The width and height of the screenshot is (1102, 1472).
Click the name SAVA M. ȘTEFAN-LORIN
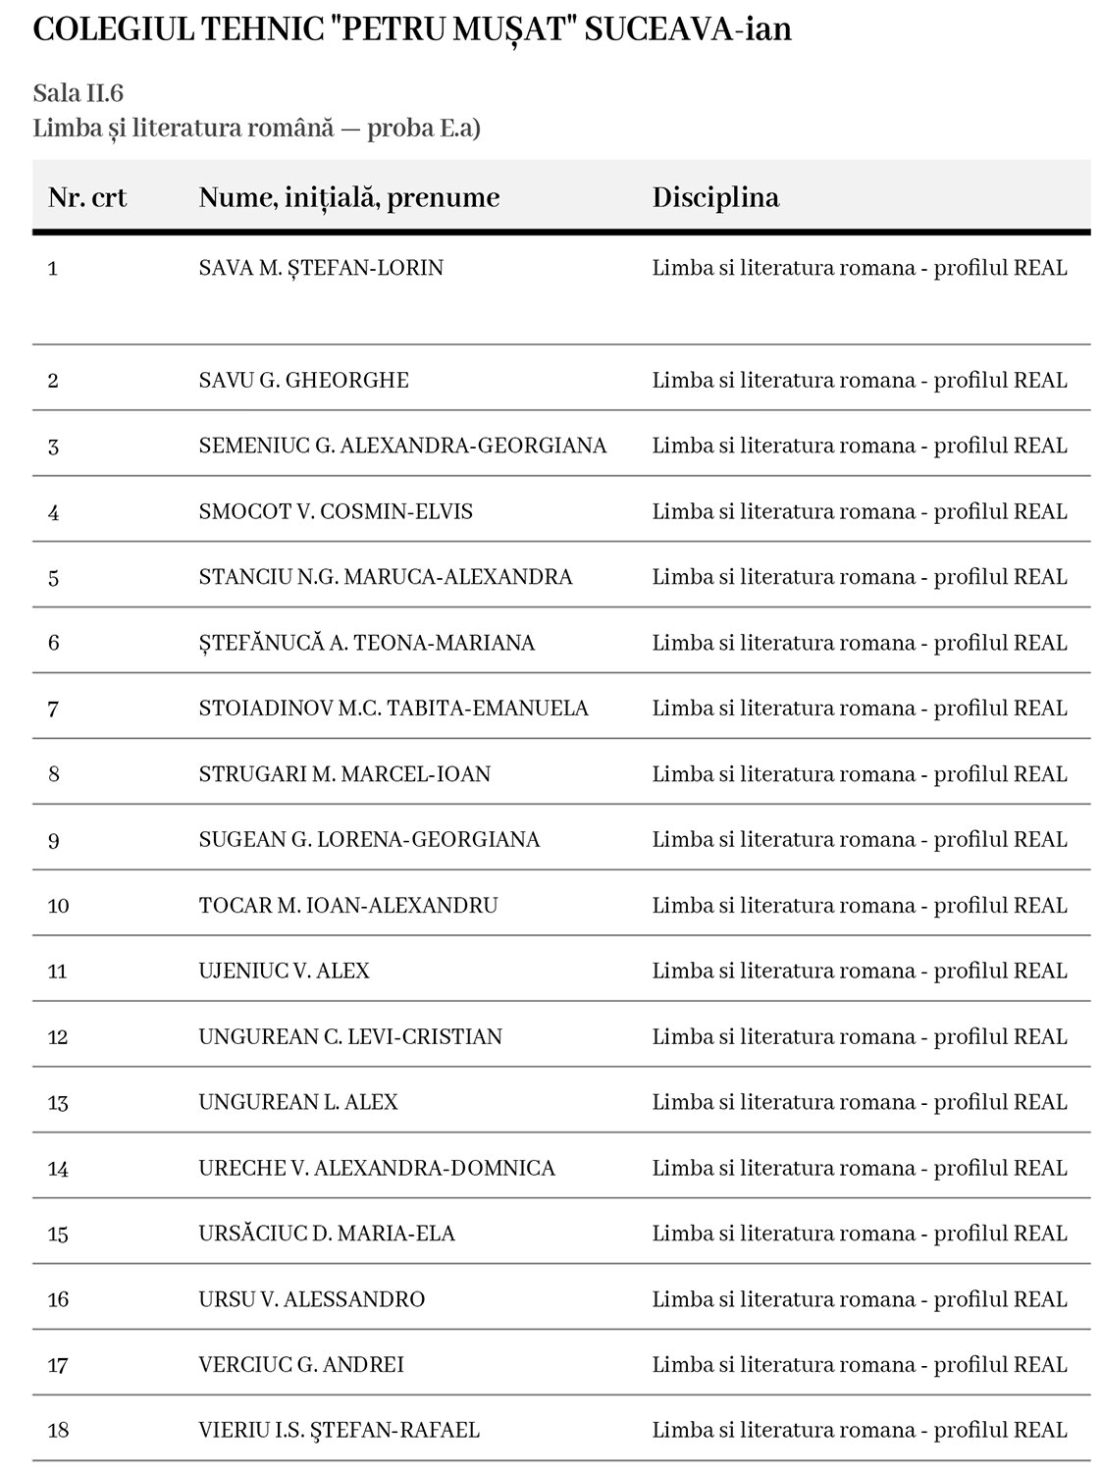pyautogui.click(x=321, y=268)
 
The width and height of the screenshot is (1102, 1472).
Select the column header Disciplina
pyautogui.click(x=715, y=197)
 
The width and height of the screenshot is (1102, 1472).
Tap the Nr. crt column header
pyautogui.click(x=87, y=197)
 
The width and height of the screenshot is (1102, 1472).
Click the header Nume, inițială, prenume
pyautogui.click(x=348, y=197)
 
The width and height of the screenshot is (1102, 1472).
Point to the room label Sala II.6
pyautogui.click(x=78, y=93)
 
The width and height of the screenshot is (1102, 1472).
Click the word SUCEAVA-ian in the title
pyautogui.click(x=688, y=29)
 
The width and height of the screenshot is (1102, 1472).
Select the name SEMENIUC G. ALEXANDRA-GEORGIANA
pyautogui.click(x=402, y=446)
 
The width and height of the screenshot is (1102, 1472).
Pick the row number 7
pyautogui.click(x=53, y=709)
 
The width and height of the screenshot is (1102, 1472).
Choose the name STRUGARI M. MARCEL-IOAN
pyautogui.click(x=344, y=774)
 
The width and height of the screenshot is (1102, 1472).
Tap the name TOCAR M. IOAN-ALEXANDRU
pyautogui.click(x=348, y=905)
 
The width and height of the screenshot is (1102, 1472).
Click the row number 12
pyautogui.click(x=58, y=1037)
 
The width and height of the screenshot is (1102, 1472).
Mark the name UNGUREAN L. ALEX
pyautogui.click(x=298, y=1102)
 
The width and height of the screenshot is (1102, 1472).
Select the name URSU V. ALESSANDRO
pyautogui.click(x=311, y=1299)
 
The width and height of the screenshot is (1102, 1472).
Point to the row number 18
pyautogui.click(x=58, y=1431)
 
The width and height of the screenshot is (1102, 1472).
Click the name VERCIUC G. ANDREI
pyautogui.click(x=301, y=1364)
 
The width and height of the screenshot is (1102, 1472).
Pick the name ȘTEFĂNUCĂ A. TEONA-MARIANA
pyautogui.click(x=366, y=643)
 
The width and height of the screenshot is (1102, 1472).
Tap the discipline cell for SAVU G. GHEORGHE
pyautogui.click(x=859, y=380)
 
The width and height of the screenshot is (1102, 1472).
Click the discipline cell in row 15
pyautogui.click(x=859, y=1234)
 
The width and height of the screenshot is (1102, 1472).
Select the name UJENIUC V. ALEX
pyautogui.click(x=284, y=971)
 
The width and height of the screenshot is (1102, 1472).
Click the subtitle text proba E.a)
pyautogui.click(x=423, y=129)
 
